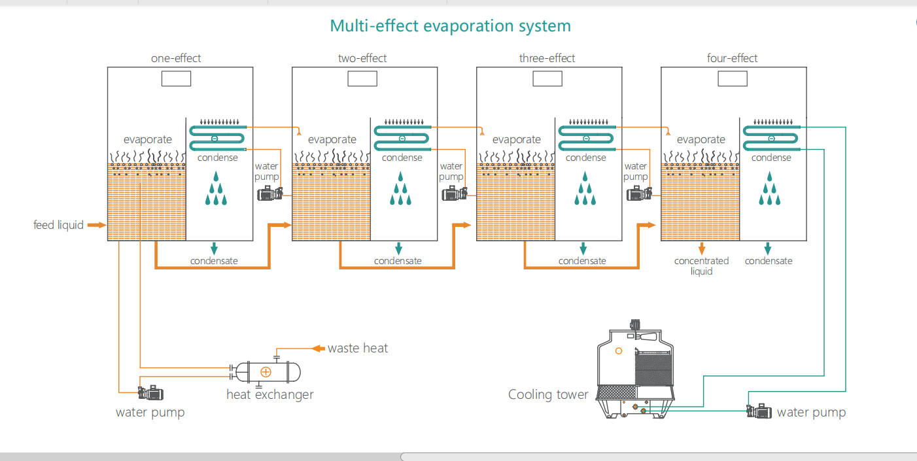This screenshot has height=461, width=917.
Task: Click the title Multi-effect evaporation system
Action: [450, 26]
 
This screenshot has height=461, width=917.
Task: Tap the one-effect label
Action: [176, 58]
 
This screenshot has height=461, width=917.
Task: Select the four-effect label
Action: [732, 58]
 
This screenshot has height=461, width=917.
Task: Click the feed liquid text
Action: [59, 225]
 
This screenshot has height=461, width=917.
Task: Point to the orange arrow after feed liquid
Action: [96, 225]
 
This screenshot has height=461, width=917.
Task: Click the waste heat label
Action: [358, 348]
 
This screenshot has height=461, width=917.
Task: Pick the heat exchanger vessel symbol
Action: [266, 371]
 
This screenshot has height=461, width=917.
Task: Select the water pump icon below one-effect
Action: [150, 392]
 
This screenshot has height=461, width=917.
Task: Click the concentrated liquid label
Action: [701, 265]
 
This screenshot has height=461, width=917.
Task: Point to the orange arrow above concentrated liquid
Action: [701, 248]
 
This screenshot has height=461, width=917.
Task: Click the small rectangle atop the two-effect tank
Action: [362, 78]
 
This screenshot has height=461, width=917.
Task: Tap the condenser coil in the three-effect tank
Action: [586, 138]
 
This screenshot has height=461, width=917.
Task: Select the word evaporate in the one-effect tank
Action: [148, 139]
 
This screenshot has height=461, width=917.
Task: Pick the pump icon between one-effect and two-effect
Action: [269, 194]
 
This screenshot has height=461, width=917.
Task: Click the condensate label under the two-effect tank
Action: [398, 261]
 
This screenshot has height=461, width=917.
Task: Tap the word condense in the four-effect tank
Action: [771, 158]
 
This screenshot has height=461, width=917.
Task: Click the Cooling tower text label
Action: [548, 394]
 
